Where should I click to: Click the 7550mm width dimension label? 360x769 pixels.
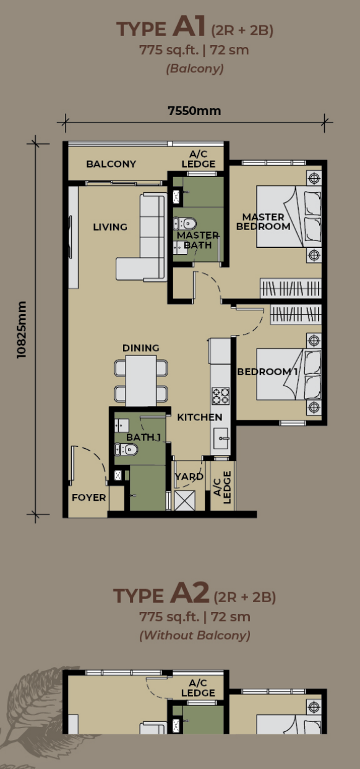pos(194,111)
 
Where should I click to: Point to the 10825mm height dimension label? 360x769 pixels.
pos(22,329)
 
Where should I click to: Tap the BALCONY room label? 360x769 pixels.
pos(111,164)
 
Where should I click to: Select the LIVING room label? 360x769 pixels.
pos(110,227)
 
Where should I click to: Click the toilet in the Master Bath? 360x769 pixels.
pos(184,224)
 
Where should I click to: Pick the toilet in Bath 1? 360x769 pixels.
pos(126,449)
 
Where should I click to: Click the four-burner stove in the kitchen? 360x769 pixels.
pos(221,396)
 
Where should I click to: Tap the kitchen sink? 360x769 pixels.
pos(221,438)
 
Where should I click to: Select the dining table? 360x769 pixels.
pos(141,381)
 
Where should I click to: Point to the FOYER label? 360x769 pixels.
pos(88,498)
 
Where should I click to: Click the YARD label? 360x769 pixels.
pos(189,477)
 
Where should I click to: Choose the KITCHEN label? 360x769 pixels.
pos(200,417)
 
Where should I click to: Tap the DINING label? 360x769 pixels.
pos(141,348)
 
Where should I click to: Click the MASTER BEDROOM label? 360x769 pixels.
pos(263,222)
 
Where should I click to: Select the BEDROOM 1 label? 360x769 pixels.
pos(267,372)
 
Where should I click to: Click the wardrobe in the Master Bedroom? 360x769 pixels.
pos(291,287)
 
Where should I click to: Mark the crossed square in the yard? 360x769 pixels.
pos(185,501)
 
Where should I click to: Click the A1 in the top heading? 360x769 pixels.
pos(189,26)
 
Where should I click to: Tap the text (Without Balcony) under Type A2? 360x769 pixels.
pos(195,635)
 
